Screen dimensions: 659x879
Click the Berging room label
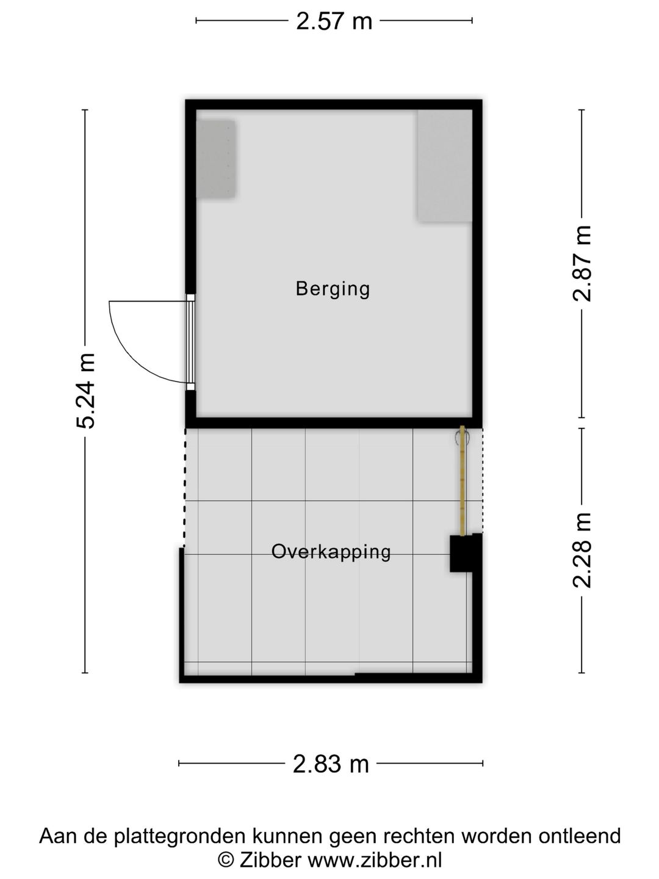(333, 289)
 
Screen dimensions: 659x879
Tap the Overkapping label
(331, 552)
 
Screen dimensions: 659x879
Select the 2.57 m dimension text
(334, 21)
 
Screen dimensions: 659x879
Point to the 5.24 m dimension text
(86, 391)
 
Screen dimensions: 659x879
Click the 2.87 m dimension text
(582, 263)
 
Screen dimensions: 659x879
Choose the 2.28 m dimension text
(582, 550)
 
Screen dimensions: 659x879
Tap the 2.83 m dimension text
(331, 764)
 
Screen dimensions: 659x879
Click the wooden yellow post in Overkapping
(463, 480)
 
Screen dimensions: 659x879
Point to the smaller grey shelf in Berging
(215, 159)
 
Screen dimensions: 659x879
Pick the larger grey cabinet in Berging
(445, 165)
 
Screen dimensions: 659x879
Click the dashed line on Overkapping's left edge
(184, 488)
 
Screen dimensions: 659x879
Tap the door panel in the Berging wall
(191, 342)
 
